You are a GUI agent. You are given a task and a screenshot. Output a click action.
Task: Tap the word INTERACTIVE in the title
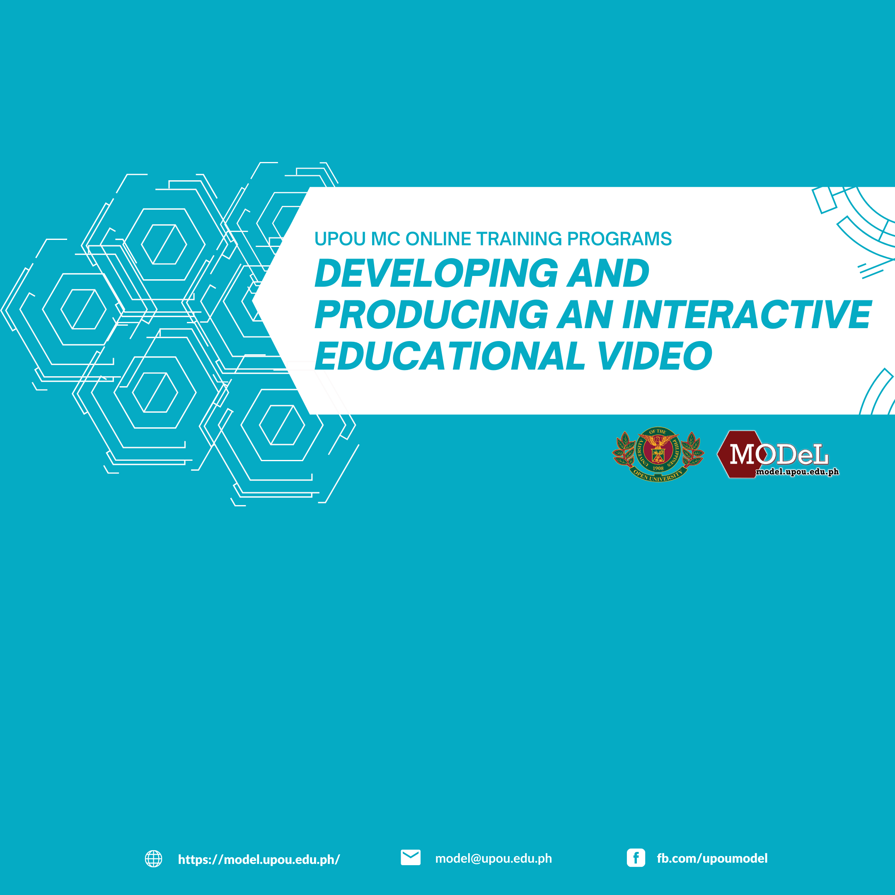point(747,314)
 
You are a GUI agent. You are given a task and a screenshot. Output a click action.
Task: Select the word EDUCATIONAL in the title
point(449,356)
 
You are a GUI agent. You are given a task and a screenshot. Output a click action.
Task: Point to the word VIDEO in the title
point(655,356)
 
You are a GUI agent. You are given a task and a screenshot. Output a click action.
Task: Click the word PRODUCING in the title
point(431,314)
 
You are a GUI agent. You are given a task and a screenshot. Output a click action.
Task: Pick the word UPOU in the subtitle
point(340,239)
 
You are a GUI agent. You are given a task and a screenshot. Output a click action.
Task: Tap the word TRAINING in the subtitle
point(519,239)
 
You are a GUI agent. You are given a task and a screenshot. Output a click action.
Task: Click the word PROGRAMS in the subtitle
point(619,239)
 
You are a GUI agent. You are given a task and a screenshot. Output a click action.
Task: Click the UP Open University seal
point(658,455)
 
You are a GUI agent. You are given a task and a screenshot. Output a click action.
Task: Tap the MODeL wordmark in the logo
point(779,455)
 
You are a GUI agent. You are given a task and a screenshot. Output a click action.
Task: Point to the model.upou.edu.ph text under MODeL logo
point(797,472)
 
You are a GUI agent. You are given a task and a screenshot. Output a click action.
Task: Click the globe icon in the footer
point(153,859)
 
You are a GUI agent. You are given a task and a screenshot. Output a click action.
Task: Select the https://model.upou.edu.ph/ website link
point(259,859)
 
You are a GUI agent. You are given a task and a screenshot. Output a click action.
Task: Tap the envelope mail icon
point(411,857)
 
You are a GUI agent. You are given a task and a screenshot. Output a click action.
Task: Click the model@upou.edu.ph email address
point(493,859)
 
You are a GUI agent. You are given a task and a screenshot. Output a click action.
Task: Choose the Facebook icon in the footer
point(636,858)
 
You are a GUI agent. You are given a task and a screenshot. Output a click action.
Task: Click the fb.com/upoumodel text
point(712,859)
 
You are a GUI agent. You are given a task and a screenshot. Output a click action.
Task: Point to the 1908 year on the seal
point(658,468)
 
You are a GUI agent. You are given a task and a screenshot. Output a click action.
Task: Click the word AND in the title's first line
point(609,273)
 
